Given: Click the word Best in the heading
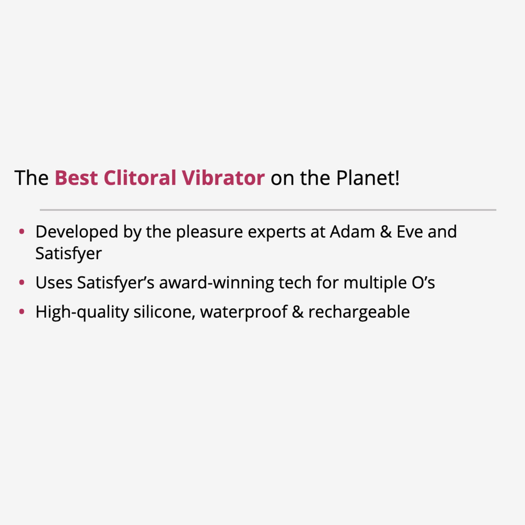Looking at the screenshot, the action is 76,178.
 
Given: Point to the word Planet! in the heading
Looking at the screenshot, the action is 367,178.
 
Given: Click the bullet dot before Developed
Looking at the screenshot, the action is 22,232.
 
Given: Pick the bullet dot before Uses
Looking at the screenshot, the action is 22,282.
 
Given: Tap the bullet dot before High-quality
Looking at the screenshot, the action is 22,311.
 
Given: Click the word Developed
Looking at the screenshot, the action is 77,232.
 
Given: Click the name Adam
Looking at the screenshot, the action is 352,232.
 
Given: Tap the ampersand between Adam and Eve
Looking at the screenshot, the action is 386,232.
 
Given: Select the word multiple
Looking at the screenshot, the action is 375,283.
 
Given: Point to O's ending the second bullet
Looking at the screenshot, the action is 423,283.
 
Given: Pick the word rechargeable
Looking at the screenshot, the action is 359,312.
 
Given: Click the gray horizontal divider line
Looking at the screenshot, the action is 268,210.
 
